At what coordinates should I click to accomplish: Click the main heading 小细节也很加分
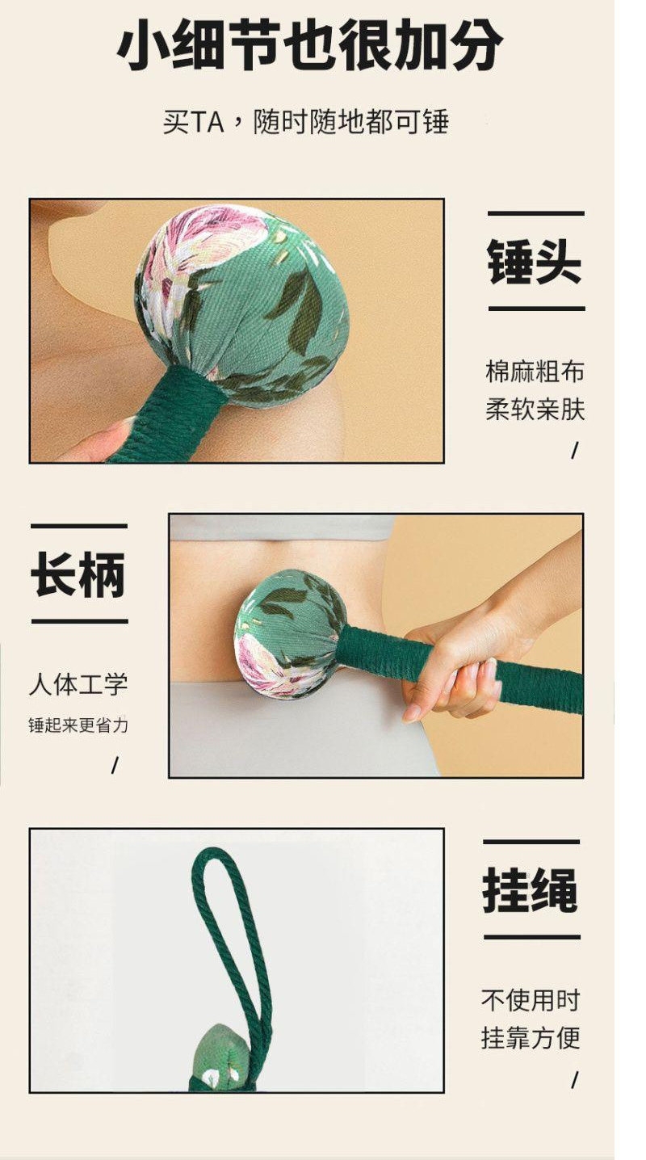(x=309, y=45)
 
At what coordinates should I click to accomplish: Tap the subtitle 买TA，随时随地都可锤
(x=305, y=122)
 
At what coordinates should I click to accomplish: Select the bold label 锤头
(x=535, y=261)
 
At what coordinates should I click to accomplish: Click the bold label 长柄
(x=78, y=574)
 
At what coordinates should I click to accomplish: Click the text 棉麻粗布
(x=535, y=372)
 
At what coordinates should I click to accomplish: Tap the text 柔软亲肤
(x=535, y=410)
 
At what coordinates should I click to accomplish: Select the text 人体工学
(x=78, y=684)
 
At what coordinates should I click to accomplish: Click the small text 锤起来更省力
(x=78, y=725)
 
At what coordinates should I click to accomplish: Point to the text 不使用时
(x=531, y=1000)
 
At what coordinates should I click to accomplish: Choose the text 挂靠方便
(x=531, y=1038)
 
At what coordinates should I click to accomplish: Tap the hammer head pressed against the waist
(x=289, y=633)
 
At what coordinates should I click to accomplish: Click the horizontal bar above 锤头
(x=535, y=213)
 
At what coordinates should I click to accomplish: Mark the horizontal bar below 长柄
(x=79, y=621)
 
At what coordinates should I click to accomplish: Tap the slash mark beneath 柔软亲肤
(x=574, y=452)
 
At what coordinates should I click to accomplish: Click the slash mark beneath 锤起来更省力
(x=115, y=766)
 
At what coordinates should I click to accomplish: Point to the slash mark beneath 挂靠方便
(x=574, y=1081)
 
